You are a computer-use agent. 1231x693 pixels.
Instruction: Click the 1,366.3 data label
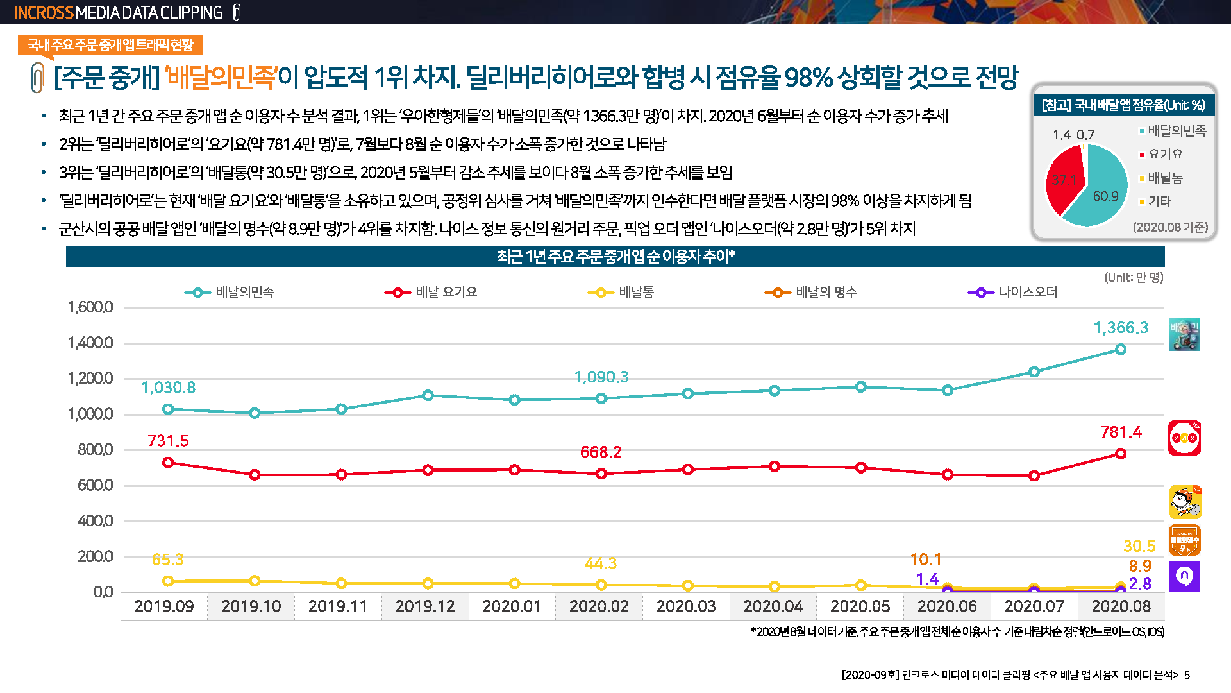[1120, 328]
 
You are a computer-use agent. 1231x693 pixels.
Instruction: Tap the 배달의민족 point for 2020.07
[1034, 372]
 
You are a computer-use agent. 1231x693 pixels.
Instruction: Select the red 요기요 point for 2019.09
[168, 463]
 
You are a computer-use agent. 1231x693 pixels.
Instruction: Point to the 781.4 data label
[1121, 432]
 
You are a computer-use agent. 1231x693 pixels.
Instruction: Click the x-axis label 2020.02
[599, 606]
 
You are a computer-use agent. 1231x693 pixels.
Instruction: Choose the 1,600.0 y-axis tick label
[90, 307]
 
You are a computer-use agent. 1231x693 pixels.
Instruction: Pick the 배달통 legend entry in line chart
[621, 293]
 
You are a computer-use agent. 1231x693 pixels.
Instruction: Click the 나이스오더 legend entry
[1012, 293]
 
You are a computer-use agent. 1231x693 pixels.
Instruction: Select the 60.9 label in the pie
[1105, 196]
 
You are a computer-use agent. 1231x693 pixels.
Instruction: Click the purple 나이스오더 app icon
[1184, 576]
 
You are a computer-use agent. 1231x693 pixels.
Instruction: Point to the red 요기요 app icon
[1184, 438]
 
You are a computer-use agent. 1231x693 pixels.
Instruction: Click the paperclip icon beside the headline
[38, 78]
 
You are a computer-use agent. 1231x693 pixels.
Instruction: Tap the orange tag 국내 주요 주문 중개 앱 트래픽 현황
[110, 45]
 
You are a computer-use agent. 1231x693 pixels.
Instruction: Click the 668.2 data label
[601, 452]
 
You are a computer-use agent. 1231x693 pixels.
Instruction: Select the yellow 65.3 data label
[167, 560]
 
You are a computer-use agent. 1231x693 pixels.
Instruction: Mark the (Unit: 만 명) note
[1133, 277]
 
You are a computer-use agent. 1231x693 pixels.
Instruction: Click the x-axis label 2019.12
[425, 606]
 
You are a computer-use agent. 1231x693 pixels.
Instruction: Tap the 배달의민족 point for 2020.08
[1120, 349]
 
